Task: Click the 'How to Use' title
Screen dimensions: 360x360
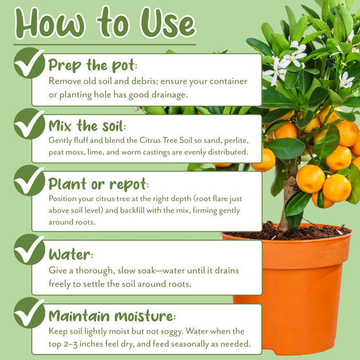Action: tap(105, 22)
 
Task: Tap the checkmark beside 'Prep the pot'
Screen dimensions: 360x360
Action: tap(29, 63)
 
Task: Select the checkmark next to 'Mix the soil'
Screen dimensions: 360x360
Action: tap(29, 124)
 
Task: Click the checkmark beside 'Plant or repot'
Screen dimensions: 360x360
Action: tap(29, 181)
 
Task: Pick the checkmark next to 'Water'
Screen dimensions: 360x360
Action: tap(29, 250)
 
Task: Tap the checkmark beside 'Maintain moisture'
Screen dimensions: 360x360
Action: tap(29, 313)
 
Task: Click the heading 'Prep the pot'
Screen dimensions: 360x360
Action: tap(93, 66)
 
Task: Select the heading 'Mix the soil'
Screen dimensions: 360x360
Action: tap(87, 126)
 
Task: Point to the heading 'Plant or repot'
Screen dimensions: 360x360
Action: tap(98, 184)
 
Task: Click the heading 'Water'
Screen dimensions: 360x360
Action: tap(71, 254)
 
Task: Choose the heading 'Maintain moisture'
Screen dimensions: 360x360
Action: tap(112, 315)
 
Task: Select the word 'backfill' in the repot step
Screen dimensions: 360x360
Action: tap(132, 210)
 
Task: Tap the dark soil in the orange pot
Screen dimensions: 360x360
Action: tap(287, 233)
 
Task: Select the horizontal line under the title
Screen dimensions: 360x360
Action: tap(105, 45)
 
